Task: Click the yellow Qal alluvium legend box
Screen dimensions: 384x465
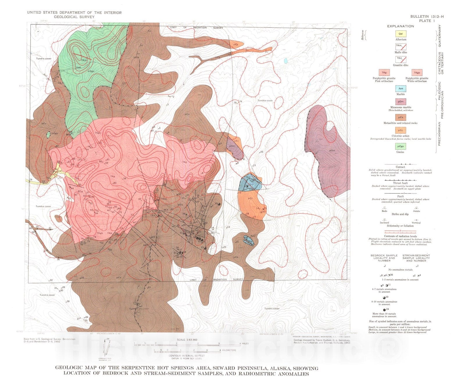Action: pos(400,34)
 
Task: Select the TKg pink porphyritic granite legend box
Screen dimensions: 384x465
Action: pos(384,73)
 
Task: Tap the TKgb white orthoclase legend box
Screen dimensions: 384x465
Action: pos(417,73)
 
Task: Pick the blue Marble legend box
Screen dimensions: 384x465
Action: pos(400,89)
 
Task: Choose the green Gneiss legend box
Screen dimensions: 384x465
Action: pos(400,147)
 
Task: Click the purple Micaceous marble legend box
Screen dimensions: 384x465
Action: pos(400,102)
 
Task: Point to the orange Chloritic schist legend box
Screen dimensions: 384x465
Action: pos(400,131)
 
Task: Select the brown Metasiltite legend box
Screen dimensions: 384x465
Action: pos(400,117)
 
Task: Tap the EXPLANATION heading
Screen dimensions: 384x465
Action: pos(400,26)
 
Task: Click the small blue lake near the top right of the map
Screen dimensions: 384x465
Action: pos(286,61)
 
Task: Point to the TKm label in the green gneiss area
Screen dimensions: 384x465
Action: pos(84,60)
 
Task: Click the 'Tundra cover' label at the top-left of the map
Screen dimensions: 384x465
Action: pos(44,59)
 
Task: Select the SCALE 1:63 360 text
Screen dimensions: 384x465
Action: pos(187,340)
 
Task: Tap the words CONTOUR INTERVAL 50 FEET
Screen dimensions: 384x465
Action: pos(187,356)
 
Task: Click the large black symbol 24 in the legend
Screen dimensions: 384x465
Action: pos(384,310)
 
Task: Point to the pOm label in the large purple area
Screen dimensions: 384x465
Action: pos(332,151)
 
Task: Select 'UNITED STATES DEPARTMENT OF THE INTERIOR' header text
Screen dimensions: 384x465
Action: pos(74,13)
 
